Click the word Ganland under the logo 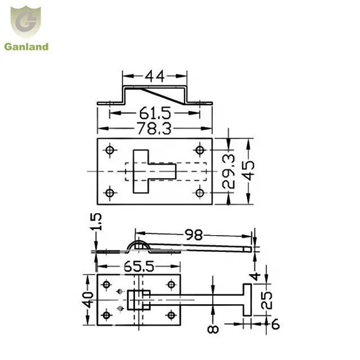click(x=26, y=47)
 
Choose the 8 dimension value click(x=213, y=328)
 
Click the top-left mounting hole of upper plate click(x=109, y=150)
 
